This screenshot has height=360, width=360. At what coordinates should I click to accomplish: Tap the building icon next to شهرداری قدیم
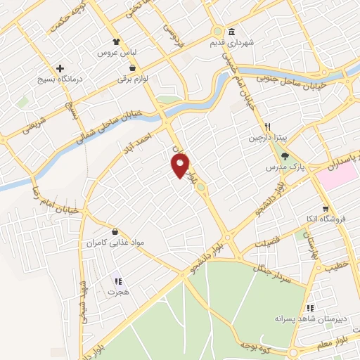coord(231,32)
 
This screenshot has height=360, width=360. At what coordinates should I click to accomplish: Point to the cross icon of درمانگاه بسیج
coord(60,69)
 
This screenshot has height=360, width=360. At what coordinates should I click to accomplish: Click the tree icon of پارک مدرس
coord(284,157)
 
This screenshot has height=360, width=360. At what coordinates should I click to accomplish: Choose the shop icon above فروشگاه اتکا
coord(325,208)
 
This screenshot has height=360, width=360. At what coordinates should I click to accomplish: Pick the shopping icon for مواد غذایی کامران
coord(115,231)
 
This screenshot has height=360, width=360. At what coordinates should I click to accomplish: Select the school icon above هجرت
coord(117,280)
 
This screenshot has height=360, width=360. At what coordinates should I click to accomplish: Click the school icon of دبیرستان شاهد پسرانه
coord(309,308)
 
